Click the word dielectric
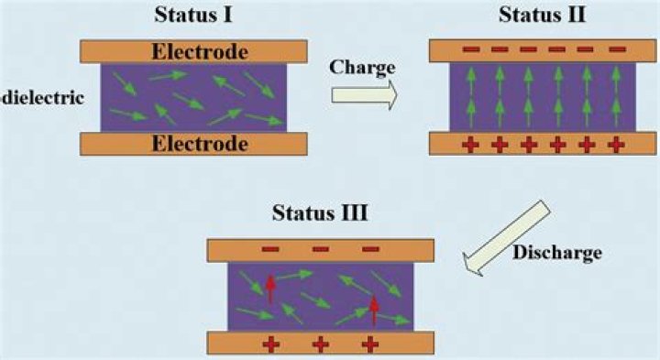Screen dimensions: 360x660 pyautogui.click(x=44, y=96)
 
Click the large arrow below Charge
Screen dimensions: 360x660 pyautogui.click(x=365, y=93)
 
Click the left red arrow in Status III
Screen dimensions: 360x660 pyautogui.click(x=270, y=288)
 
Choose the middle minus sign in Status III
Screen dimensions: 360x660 pyautogui.click(x=321, y=248)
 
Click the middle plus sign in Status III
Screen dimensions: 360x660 pyautogui.click(x=321, y=344)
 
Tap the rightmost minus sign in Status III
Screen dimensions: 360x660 pyautogui.click(x=371, y=248)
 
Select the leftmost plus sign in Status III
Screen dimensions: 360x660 pyautogui.click(x=271, y=344)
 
